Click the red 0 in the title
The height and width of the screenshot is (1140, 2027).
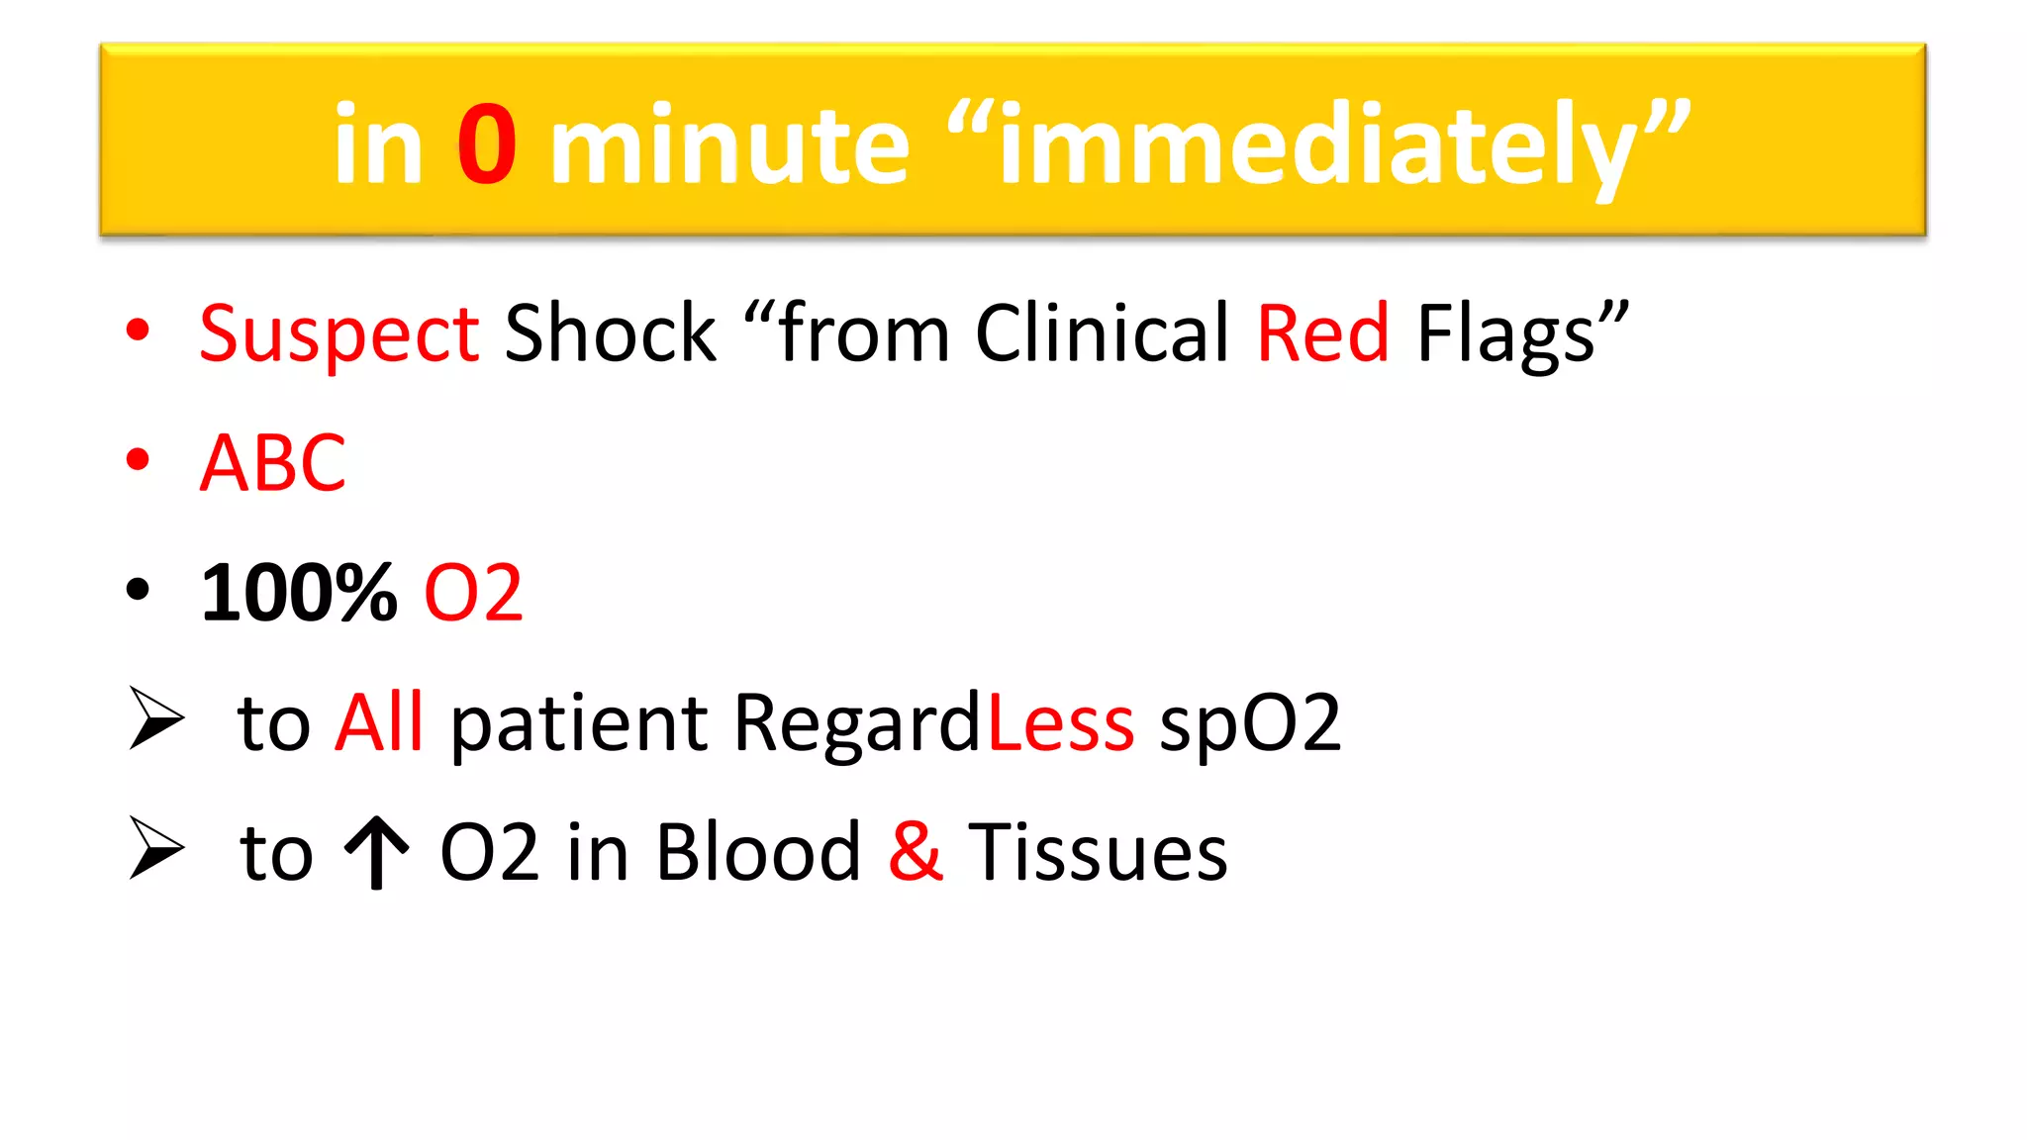click(486, 145)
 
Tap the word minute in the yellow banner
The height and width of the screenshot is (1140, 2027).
click(729, 145)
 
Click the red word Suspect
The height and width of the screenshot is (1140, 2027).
click(338, 333)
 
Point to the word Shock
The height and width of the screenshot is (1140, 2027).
click(610, 333)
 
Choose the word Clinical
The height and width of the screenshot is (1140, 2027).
click(1102, 333)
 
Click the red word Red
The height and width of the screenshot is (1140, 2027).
click(1322, 333)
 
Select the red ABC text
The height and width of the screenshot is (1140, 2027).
click(273, 463)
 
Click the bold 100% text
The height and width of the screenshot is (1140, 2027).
click(299, 593)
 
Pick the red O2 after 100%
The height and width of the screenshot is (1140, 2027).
click(473, 593)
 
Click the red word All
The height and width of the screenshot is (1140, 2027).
click(379, 722)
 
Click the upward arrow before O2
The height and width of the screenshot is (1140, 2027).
click(376, 853)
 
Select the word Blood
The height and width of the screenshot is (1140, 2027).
click(758, 852)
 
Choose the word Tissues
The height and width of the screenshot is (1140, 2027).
click(1097, 852)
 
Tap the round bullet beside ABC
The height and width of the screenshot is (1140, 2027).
click(139, 459)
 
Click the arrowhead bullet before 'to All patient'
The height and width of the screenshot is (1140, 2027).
click(156, 718)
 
